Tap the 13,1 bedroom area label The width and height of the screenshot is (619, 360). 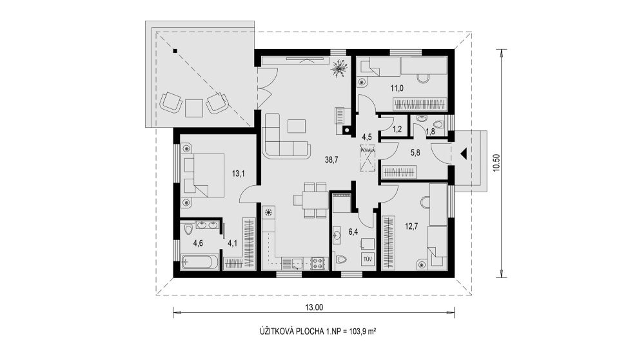[x=239, y=173]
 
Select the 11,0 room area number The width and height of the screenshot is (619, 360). [x=397, y=88]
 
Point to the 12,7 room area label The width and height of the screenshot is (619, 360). [x=411, y=226]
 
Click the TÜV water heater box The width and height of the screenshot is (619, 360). [x=368, y=259]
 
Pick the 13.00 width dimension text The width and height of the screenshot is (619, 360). [x=314, y=307]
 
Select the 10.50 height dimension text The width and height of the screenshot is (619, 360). [x=497, y=163]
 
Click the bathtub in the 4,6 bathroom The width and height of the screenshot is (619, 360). [x=200, y=262]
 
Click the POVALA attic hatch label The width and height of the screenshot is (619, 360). [x=368, y=150]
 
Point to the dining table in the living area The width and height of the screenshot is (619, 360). [x=310, y=200]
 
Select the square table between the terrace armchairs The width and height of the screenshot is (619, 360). [x=194, y=107]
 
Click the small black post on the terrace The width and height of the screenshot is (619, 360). [x=175, y=50]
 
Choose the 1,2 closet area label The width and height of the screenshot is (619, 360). [x=398, y=129]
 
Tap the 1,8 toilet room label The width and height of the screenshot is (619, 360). [x=431, y=132]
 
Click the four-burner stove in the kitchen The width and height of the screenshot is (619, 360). [x=319, y=263]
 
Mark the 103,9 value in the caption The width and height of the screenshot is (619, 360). [x=356, y=331]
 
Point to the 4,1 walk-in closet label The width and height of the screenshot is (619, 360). [x=232, y=243]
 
